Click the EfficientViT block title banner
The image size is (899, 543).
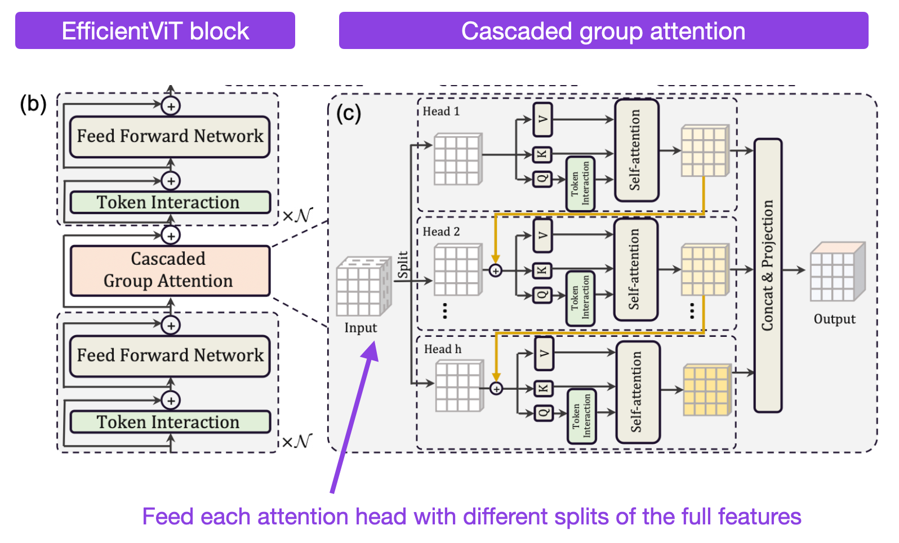(155, 31)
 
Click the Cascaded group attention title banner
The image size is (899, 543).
(603, 31)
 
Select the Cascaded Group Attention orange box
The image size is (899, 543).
(170, 270)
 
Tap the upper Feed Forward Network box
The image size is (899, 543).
(170, 136)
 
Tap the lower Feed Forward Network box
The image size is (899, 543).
(170, 355)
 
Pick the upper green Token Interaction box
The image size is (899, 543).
(170, 202)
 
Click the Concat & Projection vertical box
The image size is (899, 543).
(768, 275)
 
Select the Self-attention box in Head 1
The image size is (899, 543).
(636, 150)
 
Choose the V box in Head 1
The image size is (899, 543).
(542, 119)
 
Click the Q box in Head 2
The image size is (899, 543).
(542, 295)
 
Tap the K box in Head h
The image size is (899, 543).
(544, 388)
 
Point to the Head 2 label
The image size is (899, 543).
(441, 232)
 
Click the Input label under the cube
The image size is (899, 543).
(361, 328)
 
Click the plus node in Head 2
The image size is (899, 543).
(495, 271)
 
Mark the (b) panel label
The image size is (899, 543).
(33, 104)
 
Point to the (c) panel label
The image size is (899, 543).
(348, 113)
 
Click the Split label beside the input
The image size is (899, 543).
(402, 265)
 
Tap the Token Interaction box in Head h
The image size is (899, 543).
(581, 416)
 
